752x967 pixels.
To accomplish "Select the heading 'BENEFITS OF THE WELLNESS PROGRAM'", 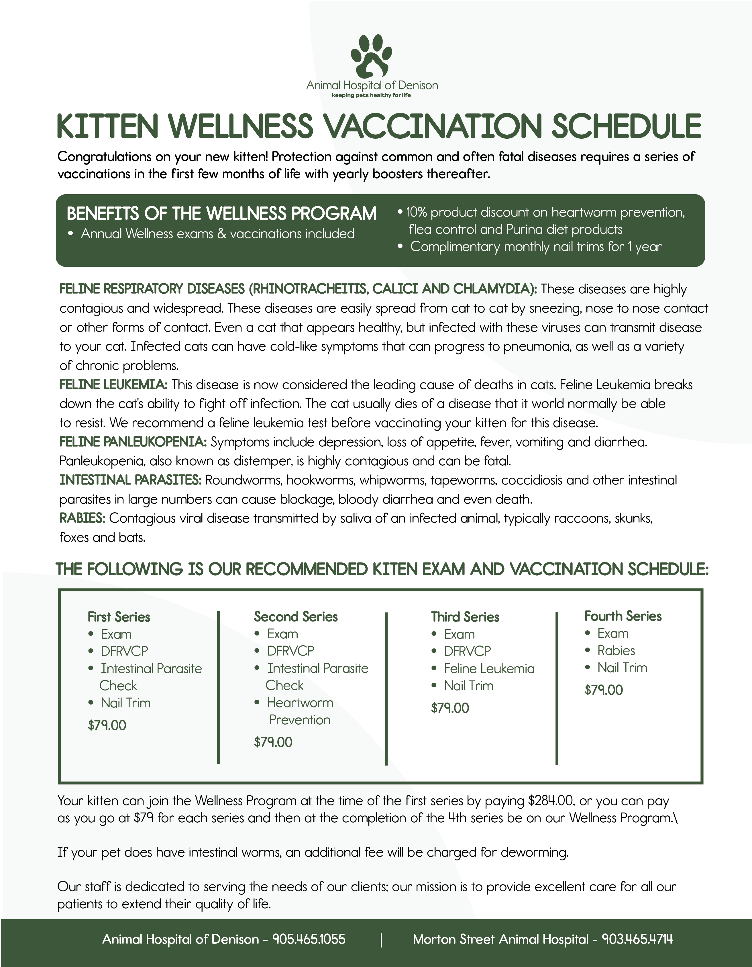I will pyautogui.click(x=221, y=214).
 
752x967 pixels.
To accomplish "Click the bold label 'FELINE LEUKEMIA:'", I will pyautogui.click(x=113, y=384).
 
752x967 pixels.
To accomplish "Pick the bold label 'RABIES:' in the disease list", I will pyautogui.click(x=82, y=518).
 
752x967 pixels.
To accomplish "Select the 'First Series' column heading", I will pyautogui.click(x=119, y=617).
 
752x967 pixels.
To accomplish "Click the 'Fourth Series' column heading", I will pyautogui.click(x=623, y=616).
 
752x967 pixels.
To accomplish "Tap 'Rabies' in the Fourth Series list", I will pyautogui.click(x=616, y=650).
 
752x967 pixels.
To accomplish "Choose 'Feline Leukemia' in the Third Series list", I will pyautogui.click(x=489, y=668).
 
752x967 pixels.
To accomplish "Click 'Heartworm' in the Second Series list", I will pyautogui.click(x=300, y=703).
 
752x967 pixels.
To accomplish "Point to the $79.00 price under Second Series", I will pyautogui.click(x=273, y=742).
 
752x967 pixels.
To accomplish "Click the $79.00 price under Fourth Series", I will pyautogui.click(x=603, y=690).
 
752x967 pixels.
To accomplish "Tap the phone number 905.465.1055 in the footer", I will pyautogui.click(x=309, y=939).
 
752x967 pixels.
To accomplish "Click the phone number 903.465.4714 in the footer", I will pyautogui.click(x=637, y=939).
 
